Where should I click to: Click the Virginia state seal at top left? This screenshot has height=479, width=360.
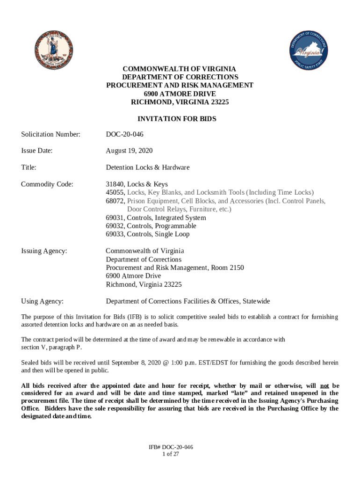(x=53, y=50)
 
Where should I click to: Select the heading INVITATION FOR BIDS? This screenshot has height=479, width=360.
(x=180, y=119)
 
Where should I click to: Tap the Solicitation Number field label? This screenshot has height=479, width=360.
(x=50, y=135)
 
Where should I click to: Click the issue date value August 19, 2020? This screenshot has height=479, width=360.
(x=129, y=151)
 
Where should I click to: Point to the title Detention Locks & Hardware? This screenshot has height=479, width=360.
(x=148, y=167)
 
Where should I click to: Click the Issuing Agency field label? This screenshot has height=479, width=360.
(x=44, y=251)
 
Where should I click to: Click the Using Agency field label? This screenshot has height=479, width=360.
(x=43, y=301)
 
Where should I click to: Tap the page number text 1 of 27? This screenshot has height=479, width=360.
(x=171, y=454)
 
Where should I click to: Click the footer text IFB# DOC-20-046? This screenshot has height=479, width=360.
(x=171, y=447)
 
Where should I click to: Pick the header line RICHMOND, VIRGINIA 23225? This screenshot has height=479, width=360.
(x=180, y=102)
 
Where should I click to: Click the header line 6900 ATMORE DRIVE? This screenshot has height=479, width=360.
(x=180, y=94)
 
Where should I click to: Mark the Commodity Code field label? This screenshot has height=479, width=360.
(x=47, y=184)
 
